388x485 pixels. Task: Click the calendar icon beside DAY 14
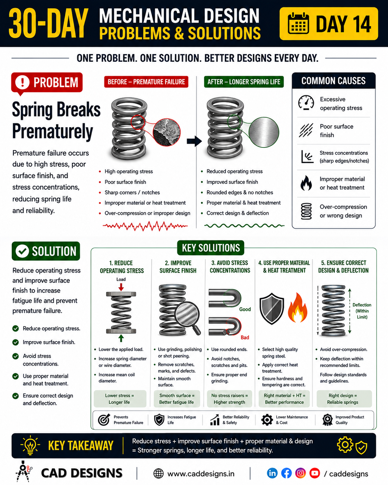(x=298, y=24)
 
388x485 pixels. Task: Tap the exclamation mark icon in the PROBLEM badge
(x=22, y=82)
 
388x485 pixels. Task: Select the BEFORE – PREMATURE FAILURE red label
(x=146, y=82)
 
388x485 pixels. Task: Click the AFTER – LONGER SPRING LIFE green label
(x=244, y=82)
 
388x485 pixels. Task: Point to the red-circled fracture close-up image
(x=167, y=132)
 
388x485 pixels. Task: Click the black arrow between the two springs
(x=194, y=141)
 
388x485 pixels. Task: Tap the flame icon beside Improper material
(x=306, y=183)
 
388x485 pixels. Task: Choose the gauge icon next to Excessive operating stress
(x=306, y=102)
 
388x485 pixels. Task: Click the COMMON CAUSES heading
(x=333, y=81)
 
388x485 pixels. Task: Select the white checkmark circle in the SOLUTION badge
(x=22, y=251)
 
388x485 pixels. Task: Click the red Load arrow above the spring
(x=121, y=287)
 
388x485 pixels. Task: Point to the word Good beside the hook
(x=245, y=309)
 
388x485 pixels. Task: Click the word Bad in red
(x=245, y=337)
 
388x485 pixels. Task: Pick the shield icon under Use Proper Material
(x=272, y=309)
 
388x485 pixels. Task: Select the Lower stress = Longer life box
(x=120, y=399)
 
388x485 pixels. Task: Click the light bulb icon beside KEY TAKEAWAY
(x=30, y=445)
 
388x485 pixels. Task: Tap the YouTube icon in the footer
(x=315, y=473)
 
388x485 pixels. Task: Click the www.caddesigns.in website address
(x=201, y=474)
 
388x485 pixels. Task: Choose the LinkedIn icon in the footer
(x=272, y=473)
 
